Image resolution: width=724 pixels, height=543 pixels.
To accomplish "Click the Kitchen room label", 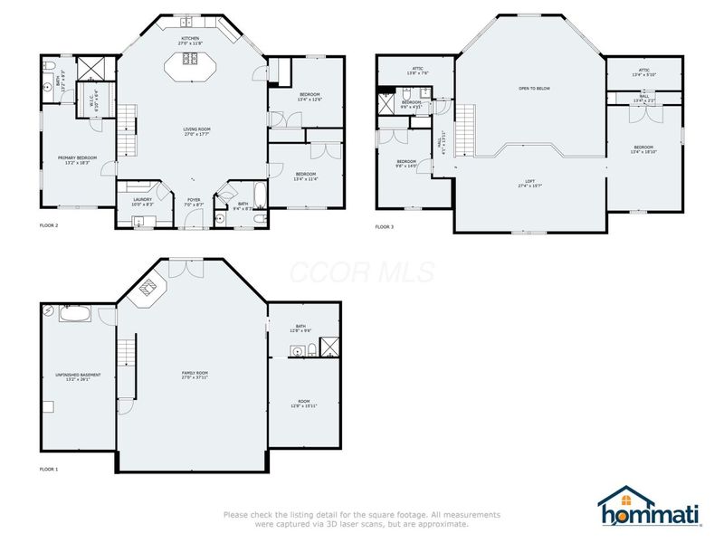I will [x=189, y=41].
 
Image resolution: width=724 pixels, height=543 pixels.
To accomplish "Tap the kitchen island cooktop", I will [x=192, y=61].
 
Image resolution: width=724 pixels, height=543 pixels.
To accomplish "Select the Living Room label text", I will [x=191, y=132].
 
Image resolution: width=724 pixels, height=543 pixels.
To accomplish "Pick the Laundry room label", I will [x=141, y=201].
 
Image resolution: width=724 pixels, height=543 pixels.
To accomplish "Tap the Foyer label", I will [x=194, y=202].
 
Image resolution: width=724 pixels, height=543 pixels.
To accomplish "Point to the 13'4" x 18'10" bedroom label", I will [x=643, y=149].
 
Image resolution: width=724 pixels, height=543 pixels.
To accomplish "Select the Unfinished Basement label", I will [x=78, y=376].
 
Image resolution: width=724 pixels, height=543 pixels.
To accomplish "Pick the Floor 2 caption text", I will [x=49, y=224].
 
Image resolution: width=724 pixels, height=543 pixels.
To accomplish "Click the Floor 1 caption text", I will [x=49, y=470].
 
